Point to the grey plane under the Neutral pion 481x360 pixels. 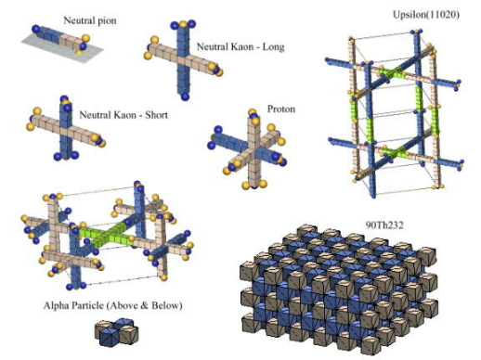pyautogui.click(x=37, y=43)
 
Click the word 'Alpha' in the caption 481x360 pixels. pyautogui.click(x=58, y=304)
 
